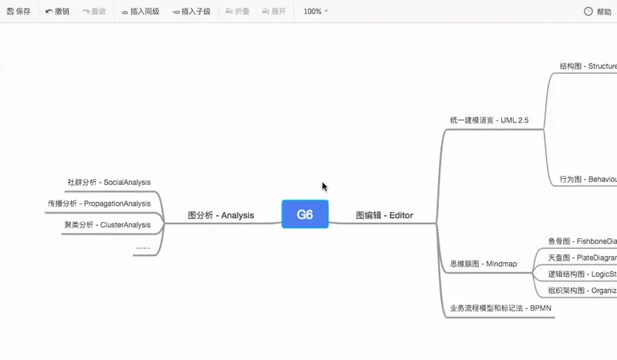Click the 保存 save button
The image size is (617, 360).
click(19, 12)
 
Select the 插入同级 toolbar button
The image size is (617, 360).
click(140, 12)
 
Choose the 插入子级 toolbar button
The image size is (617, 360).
click(191, 12)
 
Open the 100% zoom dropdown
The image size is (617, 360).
click(315, 12)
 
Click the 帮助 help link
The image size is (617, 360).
click(598, 12)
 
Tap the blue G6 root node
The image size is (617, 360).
click(305, 214)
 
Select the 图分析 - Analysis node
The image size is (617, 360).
click(221, 216)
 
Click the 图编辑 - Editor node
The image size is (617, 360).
click(384, 216)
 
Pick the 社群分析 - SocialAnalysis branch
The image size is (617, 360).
click(109, 183)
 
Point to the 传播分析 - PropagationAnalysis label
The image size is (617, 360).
click(99, 204)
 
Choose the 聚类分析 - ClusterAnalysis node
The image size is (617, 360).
click(107, 225)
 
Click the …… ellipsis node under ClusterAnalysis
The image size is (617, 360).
click(143, 247)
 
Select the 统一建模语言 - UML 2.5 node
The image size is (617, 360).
click(489, 120)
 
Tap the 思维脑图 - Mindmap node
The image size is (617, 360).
click(483, 264)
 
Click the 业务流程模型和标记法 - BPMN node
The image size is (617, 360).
click(501, 309)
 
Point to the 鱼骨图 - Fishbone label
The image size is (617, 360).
click(582, 241)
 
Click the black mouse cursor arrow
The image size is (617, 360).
click(325, 187)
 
